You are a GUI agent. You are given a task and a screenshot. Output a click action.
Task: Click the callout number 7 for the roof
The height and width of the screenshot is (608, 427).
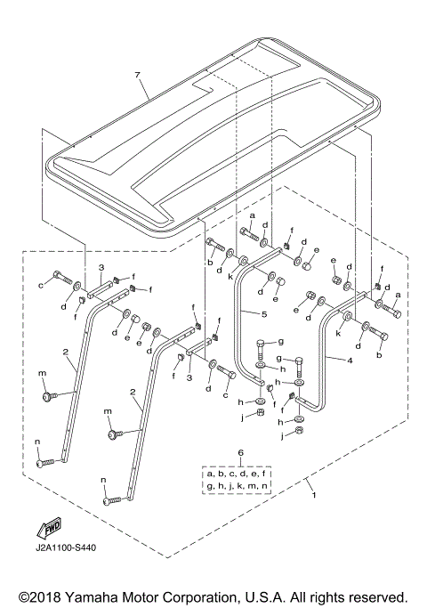pyautogui.click(x=137, y=76)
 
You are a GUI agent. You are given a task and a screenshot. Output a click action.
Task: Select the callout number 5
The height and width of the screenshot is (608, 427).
pyautogui.click(x=264, y=313)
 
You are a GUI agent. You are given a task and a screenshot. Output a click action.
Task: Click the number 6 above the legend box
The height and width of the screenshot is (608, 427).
pyautogui.click(x=240, y=453)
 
